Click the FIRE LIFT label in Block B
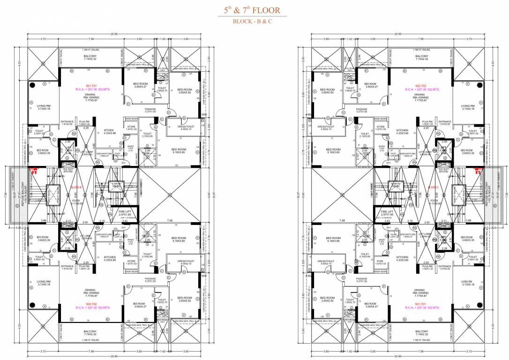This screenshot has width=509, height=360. coord(124,211)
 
